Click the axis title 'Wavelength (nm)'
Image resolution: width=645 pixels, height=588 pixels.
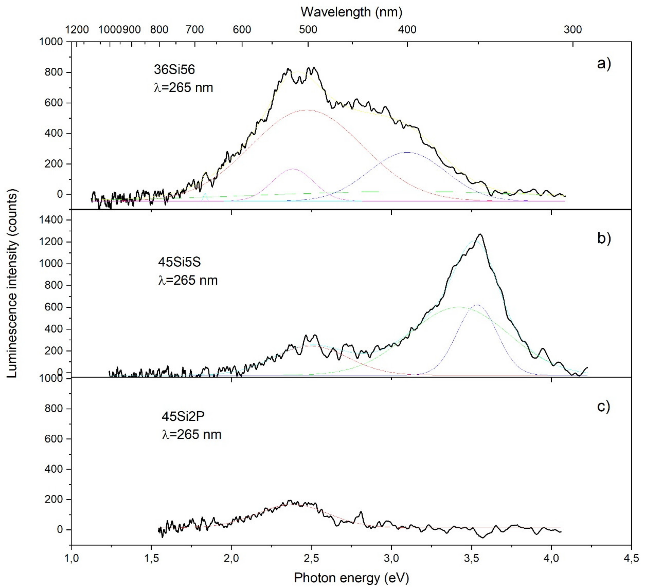[x=351, y=12]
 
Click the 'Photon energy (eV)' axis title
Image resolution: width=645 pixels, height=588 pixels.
[x=351, y=577]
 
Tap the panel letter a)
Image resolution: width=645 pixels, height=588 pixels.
[x=604, y=64]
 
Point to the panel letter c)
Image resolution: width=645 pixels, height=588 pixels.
[x=604, y=406]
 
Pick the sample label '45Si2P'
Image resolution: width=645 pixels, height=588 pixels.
[x=183, y=416]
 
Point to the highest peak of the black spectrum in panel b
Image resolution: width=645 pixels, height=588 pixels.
[x=480, y=234]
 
